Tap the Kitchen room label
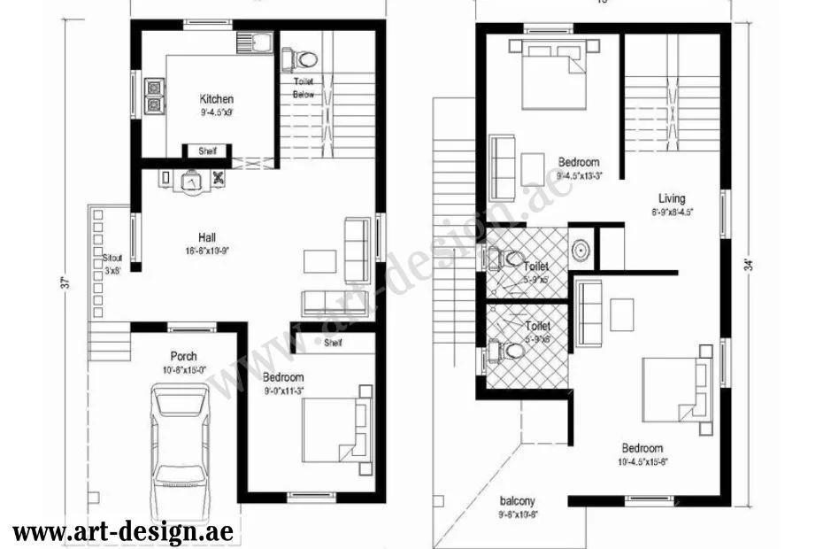point(217,99)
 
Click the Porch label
point(183,357)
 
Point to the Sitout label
point(112,258)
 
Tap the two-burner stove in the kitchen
point(154,96)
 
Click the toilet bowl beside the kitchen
point(302,59)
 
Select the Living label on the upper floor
point(672,198)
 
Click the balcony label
point(517,500)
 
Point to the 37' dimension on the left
point(65,283)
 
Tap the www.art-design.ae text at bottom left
point(124,531)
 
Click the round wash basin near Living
point(581,250)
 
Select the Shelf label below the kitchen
point(208,151)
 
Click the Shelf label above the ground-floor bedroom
point(334,343)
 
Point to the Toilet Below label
point(304,88)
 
